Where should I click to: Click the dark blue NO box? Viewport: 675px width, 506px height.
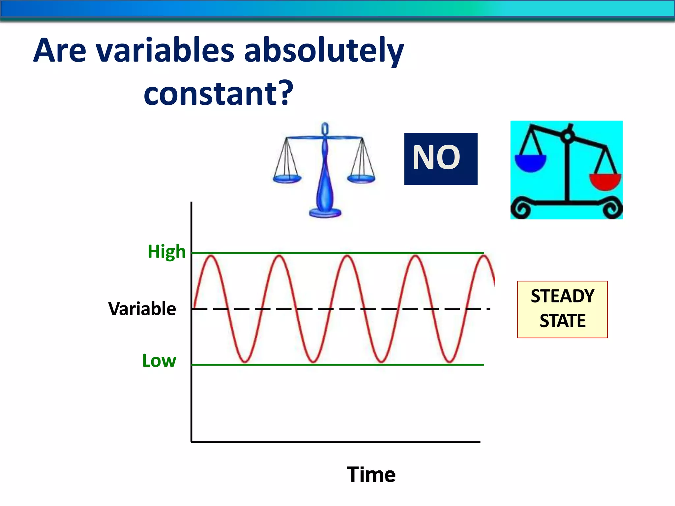pyautogui.click(x=441, y=159)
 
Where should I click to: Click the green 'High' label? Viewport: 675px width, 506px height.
pyautogui.click(x=166, y=252)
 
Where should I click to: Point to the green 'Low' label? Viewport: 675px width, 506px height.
pyautogui.click(x=159, y=361)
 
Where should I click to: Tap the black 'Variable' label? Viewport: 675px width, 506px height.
pyautogui.click(x=142, y=309)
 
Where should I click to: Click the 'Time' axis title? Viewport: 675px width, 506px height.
pyautogui.click(x=371, y=475)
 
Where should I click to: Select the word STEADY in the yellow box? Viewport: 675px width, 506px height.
pyautogui.click(x=562, y=296)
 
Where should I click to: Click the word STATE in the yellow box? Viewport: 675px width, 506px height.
pyautogui.click(x=562, y=321)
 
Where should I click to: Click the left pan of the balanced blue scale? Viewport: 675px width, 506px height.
pyautogui.click(x=287, y=179)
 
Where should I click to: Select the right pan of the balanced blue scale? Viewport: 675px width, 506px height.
pyautogui.click(x=361, y=179)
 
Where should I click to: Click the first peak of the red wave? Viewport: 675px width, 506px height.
pyautogui.click(x=211, y=256)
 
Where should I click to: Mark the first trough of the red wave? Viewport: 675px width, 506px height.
pyautogui.click(x=245, y=361)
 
